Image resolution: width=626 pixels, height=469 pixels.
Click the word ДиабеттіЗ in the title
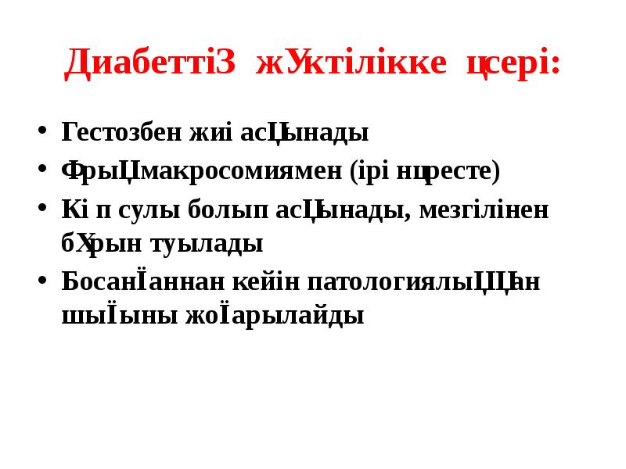coord(149,63)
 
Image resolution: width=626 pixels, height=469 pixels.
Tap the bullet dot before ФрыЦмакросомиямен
coord(42,170)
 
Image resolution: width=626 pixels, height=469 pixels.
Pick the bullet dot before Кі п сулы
coord(42,209)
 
